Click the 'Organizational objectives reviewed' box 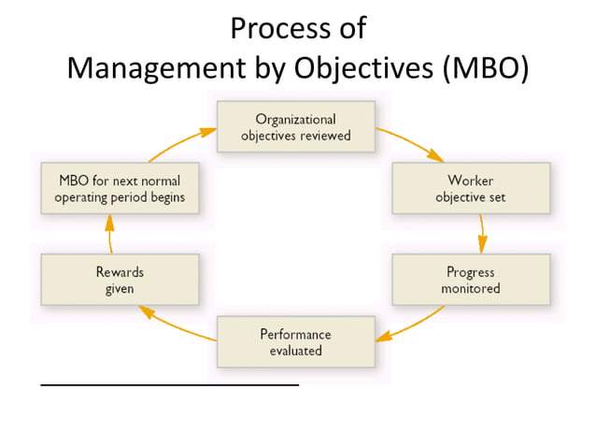point(296,127)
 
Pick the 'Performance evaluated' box point(296,341)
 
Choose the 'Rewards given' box point(120,280)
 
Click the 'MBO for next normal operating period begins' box point(120,188)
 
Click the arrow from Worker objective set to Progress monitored point(482,234)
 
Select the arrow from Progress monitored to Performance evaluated point(411,323)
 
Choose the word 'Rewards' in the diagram point(120,272)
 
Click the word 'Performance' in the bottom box point(296,334)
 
